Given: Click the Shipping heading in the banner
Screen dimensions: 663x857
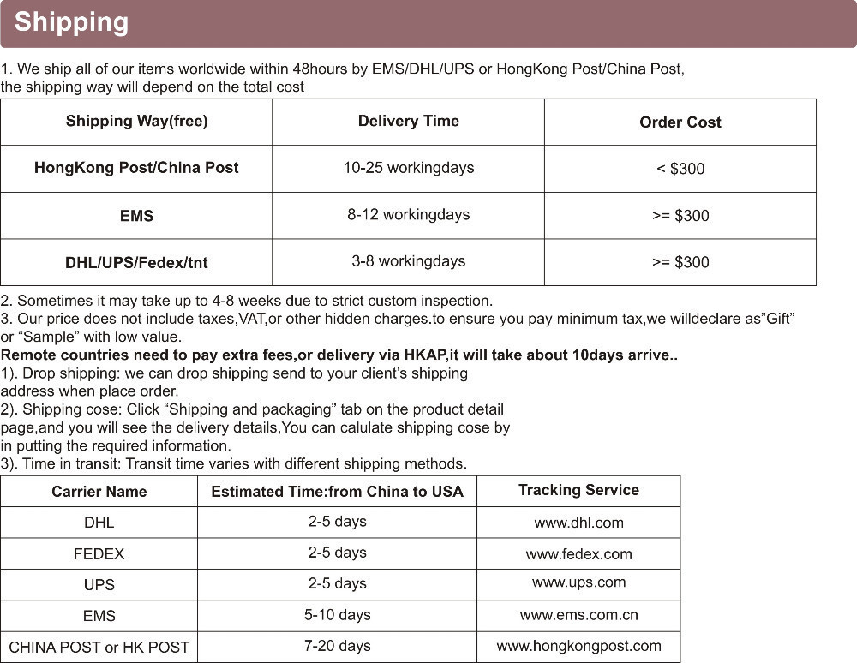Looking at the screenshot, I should (x=71, y=21).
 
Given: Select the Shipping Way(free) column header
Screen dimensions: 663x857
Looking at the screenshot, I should (x=136, y=122).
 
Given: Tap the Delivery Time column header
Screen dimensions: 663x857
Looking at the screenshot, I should (x=408, y=122).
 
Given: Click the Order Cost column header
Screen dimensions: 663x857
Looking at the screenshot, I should (x=680, y=122).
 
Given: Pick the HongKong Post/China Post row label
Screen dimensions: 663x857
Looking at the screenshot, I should (x=136, y=168).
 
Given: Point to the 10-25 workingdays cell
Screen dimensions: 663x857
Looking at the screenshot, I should (x=408, y=168).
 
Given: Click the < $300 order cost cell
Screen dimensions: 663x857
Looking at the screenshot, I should (x=680, y=169).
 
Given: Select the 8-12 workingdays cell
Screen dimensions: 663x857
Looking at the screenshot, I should (x=408, y=215).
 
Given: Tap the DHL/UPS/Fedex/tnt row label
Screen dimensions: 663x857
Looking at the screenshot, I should (x=136, y=262).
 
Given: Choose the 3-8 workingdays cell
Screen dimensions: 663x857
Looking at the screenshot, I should (x=408, y=261).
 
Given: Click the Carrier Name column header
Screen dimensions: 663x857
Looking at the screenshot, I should (x=99, y=492).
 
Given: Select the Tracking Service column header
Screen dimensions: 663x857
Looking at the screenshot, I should (x=578, y=490).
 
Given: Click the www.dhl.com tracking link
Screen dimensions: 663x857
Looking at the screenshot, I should (x=578, y=523).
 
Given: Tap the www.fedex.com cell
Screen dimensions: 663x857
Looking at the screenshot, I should (x=578, y=554).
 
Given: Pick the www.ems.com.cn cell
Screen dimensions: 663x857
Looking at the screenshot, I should (x=578, y=615).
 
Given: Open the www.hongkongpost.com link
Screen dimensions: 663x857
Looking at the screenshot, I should (x=578, y=646).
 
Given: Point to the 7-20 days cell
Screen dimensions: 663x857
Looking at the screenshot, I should (x=337, y=646).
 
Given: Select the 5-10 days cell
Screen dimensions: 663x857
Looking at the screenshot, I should (x=337, y=615).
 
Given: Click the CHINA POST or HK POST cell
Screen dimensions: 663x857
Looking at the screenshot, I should (x=99, y=648).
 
